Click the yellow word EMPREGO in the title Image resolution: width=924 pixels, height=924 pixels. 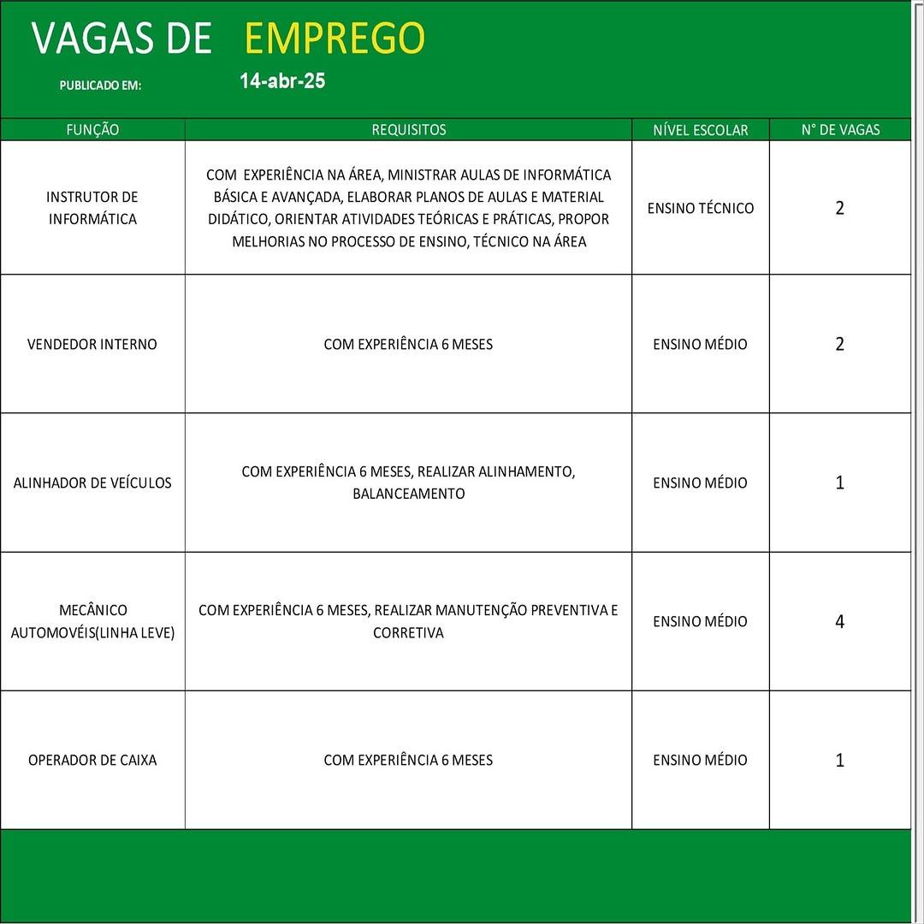335,38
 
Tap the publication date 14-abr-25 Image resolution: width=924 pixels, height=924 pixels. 282,81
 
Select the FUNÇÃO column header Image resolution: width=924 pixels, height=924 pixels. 92,130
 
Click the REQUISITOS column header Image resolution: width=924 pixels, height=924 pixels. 408,130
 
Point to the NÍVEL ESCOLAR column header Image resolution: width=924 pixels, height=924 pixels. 700,130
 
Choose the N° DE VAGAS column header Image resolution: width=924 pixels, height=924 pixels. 840,130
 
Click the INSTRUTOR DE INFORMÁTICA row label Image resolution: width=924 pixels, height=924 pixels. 92,208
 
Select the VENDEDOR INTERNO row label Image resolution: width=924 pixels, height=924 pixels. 92,344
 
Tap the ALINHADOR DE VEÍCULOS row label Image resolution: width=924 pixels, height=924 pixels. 92,483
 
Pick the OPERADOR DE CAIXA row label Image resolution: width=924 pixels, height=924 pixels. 92,760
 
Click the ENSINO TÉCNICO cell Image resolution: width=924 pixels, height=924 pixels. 700,208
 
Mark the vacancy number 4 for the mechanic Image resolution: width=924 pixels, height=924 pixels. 839,622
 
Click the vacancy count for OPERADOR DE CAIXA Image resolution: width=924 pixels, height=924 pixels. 839,761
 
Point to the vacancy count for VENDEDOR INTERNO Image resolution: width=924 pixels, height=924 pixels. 839,344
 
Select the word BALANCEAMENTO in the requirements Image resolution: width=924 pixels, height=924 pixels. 408,494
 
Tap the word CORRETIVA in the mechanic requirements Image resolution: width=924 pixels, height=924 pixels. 408,633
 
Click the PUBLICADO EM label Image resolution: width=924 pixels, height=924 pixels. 100,86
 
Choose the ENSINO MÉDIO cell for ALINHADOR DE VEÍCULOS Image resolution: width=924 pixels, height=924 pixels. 700,483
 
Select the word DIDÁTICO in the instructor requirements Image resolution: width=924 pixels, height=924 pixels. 238,219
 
